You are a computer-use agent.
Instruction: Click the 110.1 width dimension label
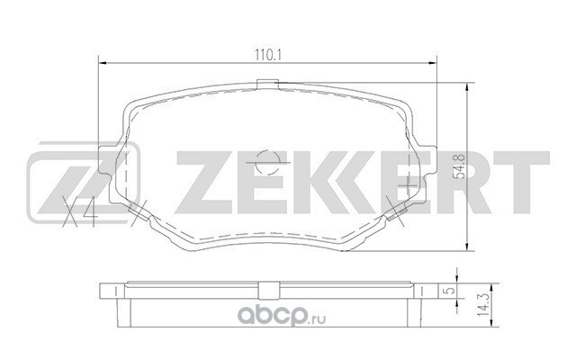pyautogui.click(x=268, y=55)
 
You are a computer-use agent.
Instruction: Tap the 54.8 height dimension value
pyautogui.click(x=460, y=166)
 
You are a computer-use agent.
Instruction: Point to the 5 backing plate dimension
pyautogui.click(x=451, y=290)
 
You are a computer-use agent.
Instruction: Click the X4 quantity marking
pyautogui.click(x=80, y=211)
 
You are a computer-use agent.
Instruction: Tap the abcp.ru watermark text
pyautogui.click(x=282, y=316)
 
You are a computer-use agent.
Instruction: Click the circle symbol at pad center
pyautogui.click(x=268, y=162)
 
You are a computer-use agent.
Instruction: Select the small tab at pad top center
pyautogui.click(x=267, y=84)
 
